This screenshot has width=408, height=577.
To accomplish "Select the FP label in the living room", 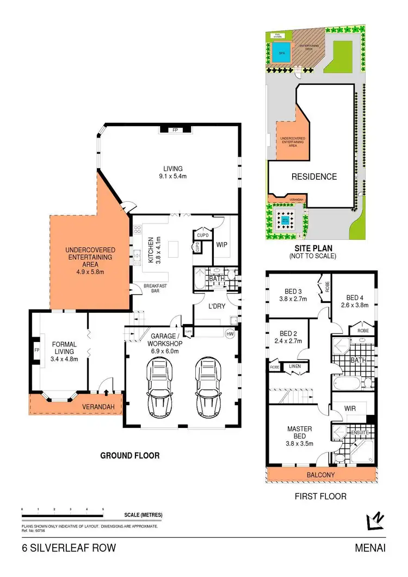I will click(175, 131).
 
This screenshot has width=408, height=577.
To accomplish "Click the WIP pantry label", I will click(222, 245).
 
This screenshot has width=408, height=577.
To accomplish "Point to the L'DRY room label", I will click(217, 306).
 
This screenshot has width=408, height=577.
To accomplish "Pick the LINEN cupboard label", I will click(295, 366).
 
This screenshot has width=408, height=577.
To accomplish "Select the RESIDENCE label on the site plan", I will click(313, 177).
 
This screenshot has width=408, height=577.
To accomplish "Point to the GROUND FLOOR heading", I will click(130, 455).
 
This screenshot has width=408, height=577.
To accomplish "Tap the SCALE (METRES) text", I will click(143, 515).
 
